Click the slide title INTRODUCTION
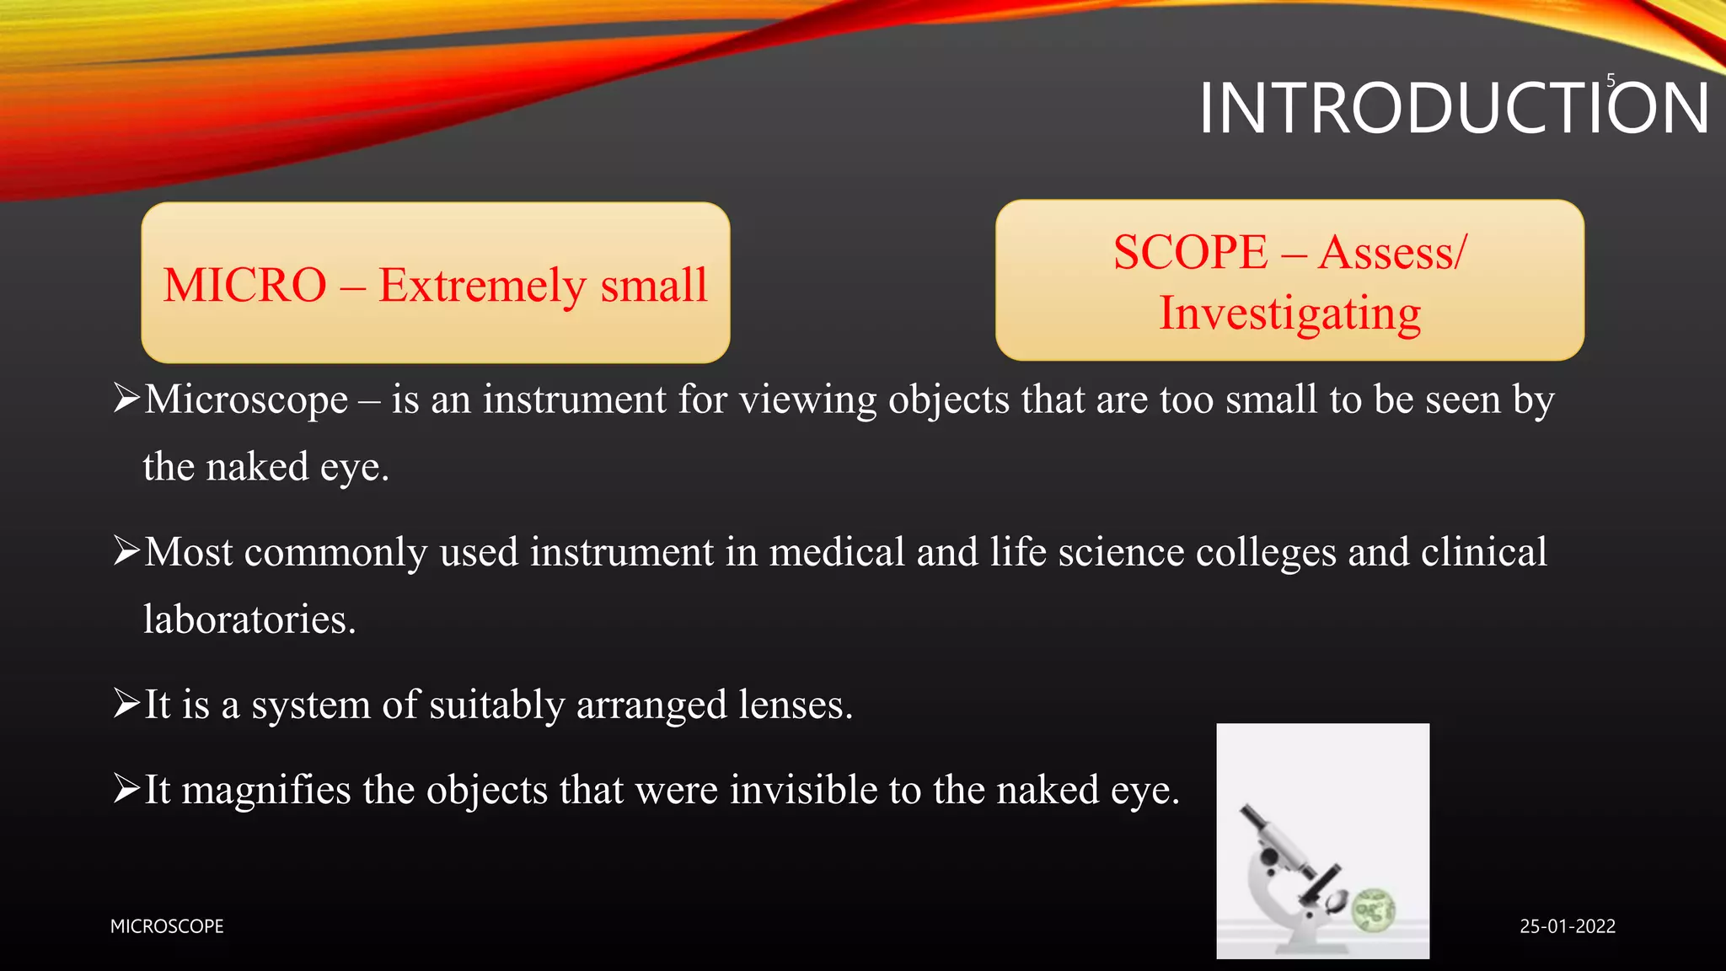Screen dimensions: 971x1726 1454,109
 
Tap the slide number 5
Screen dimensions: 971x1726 1611,81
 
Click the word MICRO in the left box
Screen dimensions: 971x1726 245,285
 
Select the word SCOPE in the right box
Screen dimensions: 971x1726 1190,252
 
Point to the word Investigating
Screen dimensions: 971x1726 1289,314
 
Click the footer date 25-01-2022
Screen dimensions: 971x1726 1568,926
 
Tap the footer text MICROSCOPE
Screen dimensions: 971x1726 167,926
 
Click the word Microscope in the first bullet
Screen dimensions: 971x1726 246,400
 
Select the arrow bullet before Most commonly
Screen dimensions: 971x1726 126,551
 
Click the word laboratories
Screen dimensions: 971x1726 249,620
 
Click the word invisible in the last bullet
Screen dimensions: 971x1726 802,790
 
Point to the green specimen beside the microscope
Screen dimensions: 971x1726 1373,910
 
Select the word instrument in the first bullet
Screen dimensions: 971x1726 575,400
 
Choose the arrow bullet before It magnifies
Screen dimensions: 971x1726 126,789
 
